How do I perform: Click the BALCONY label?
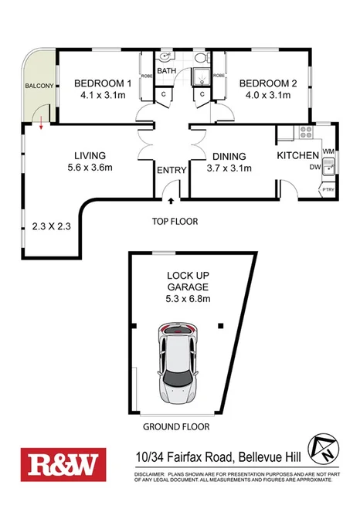[x=39, y=86]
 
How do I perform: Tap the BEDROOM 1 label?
[x=104, y=83]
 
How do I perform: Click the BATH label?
[x=168, y=72]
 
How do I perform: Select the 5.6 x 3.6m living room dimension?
[x=85, y=168]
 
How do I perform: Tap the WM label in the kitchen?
[x=328, y=151]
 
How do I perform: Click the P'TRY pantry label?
[x=328, y=188]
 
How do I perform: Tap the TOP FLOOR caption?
[x=175, y=222]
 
